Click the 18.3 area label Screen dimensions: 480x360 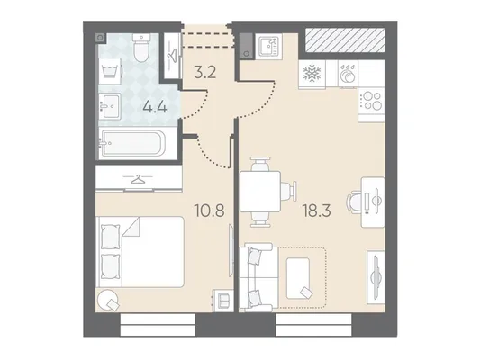(x=316, y=211)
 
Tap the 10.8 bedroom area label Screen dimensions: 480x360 (x=210, y=211)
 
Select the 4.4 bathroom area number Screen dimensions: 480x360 (x=155, y=107)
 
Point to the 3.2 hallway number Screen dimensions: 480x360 (x=205, y=73)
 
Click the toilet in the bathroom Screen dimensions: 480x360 (x=141, y=48)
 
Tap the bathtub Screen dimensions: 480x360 (x=132, y=143)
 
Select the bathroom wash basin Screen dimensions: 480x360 (x=110, y=106)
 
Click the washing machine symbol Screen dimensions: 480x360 (x=110, y=71)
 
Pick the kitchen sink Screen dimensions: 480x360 (x=268, y=46)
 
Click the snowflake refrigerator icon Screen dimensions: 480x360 (x=312, y=73)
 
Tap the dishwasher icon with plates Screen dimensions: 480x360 (x=348, y=73)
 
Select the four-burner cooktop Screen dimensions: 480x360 (x=372, y=101)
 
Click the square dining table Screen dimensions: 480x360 (x=260, y=192)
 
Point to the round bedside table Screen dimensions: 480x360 (x=107, y=300)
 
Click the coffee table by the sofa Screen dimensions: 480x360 (x=298, y=278)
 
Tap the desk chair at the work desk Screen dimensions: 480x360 (x=354, y=202)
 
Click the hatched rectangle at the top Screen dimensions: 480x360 (x=345, y=40)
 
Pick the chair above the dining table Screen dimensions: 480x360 (x=260, y=164)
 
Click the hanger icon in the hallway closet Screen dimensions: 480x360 (x=171, y=55)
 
